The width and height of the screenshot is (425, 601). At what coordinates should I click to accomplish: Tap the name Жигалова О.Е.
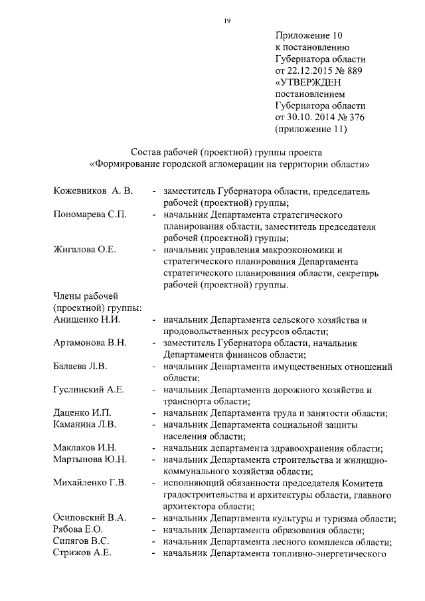pos(84,250)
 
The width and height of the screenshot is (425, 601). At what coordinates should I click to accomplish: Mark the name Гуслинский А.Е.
pos(88,389)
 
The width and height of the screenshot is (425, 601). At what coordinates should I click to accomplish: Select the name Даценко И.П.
pos(82,412)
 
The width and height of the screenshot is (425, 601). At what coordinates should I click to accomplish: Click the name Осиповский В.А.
pos(90,517)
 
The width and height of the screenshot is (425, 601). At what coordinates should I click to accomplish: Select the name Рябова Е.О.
pos(79,529)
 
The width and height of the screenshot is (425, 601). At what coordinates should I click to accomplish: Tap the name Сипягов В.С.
pos(81,541)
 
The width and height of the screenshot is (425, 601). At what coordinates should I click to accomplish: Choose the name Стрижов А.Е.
pos(82,553)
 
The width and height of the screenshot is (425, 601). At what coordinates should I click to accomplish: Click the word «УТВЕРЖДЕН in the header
pos(314,83)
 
